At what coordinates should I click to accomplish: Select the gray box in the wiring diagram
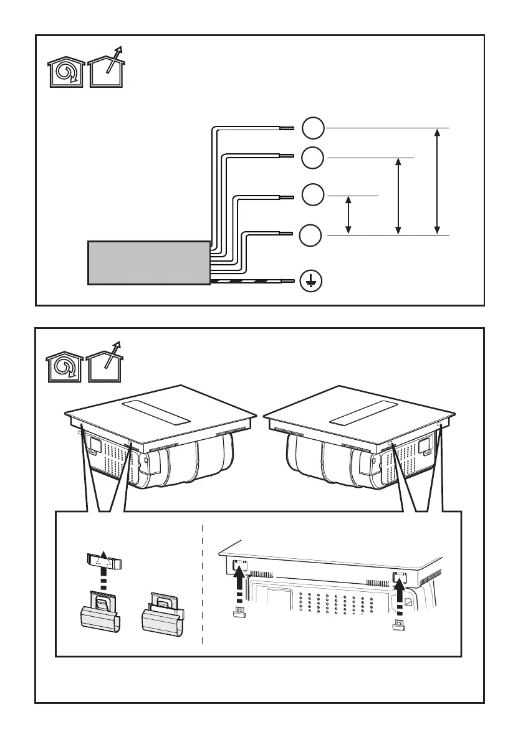(x=148, y=263)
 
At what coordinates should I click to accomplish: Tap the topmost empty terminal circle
(x=314, y=128)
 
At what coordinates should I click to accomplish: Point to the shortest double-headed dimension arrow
(x=348, y=215)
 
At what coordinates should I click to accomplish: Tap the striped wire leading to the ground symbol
(x=249, y=282)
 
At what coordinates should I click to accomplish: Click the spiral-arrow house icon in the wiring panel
(x=67, y=74)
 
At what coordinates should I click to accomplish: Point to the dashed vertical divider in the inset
(x=203, y=586)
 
